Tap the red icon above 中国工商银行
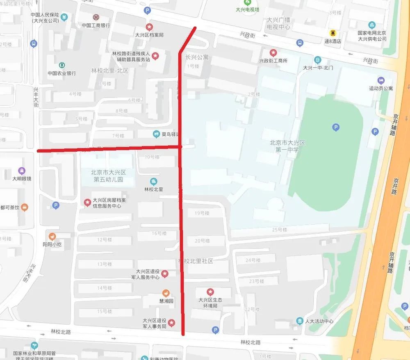(x=96, y=17)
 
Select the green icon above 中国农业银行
(x=62, y=65)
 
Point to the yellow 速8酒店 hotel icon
(x=333, y=33)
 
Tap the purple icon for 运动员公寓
(x=381, y=80)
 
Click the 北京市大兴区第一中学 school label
(x=287, y=146)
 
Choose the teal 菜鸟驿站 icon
(x=156, y=134)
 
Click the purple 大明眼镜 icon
(x=21, y=171)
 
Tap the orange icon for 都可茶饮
(x=25, y=207)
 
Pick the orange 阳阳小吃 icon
(x=52, y=237)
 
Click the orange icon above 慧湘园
(x=165, y=293)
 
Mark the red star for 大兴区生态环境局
(x=210, y=292)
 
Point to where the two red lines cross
(x=180, y=146)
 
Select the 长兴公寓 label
(x=197, y=57)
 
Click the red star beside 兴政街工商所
(x=273, y=52)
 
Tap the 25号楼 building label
(x=280, y=230)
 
